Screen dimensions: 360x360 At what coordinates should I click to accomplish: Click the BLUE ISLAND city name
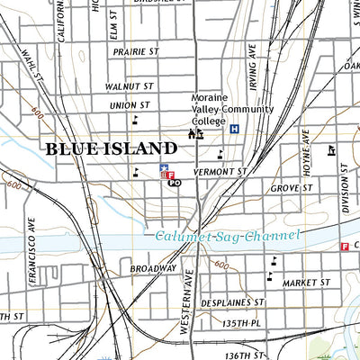(111, 148)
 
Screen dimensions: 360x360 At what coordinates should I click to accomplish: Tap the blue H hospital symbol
(235, 129)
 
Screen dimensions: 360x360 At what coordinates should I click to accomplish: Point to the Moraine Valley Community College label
(231, 109)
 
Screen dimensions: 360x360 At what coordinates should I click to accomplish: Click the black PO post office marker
(175, 183)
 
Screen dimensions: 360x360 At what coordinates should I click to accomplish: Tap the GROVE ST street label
(292, 189)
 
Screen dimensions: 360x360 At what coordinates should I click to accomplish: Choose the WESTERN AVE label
(188, 301)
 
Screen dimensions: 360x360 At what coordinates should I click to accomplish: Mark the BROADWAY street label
(152, 268)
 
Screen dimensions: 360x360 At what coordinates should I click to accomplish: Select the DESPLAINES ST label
(233, 303)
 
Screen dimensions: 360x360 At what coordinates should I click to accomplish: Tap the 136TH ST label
(245, 355)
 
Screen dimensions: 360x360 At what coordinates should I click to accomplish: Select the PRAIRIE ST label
(135, 52)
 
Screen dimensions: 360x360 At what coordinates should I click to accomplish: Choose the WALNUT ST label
(129, 86)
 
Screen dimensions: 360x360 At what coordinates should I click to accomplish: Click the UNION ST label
(130, 105)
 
